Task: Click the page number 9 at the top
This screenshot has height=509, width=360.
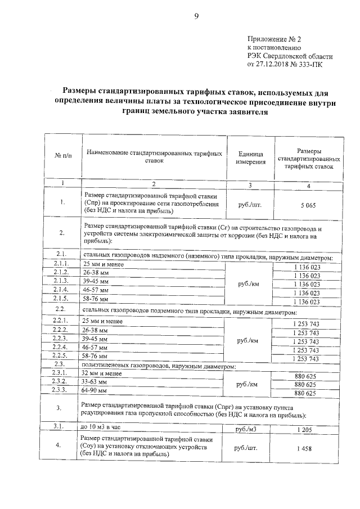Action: pyautogui.click(x=196, y=15)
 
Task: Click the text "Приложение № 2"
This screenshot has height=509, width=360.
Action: pyautogui.click(x=274, y=39)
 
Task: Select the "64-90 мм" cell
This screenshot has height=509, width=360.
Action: pyautogui.click(x=96, y=390)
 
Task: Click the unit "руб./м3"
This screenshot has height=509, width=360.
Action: pyautogui.click(x=247, y=429)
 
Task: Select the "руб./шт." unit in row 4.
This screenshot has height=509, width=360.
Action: pyautogui.click(x=247, y=448)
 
